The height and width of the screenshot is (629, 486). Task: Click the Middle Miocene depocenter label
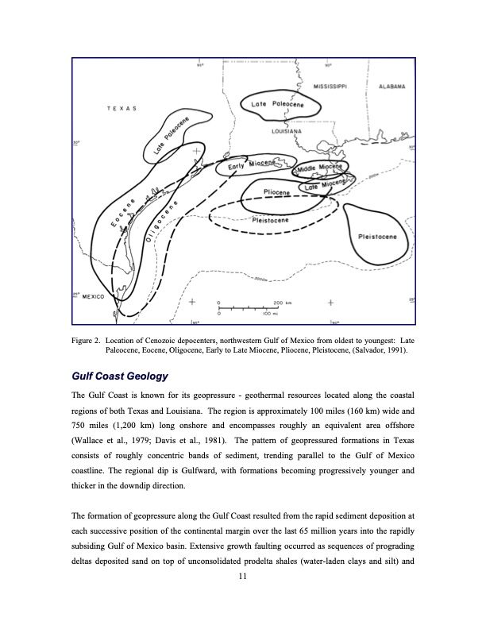pyautogui.click(x=322, y=168)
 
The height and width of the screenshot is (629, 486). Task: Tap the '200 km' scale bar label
pyautogui.click(x=284, y=303)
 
